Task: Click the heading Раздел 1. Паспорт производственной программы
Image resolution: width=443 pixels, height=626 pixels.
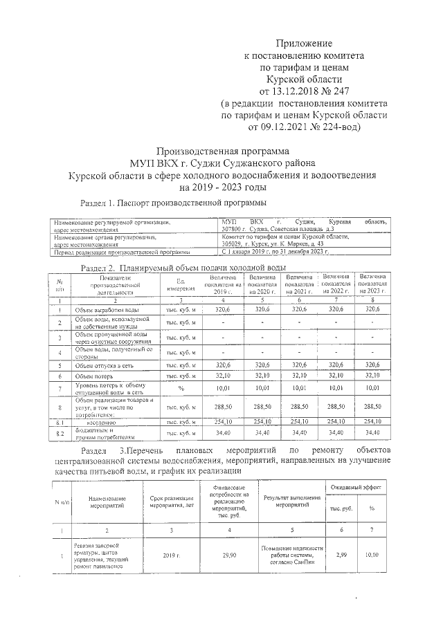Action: pyautogui.click(x=173, y=203)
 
